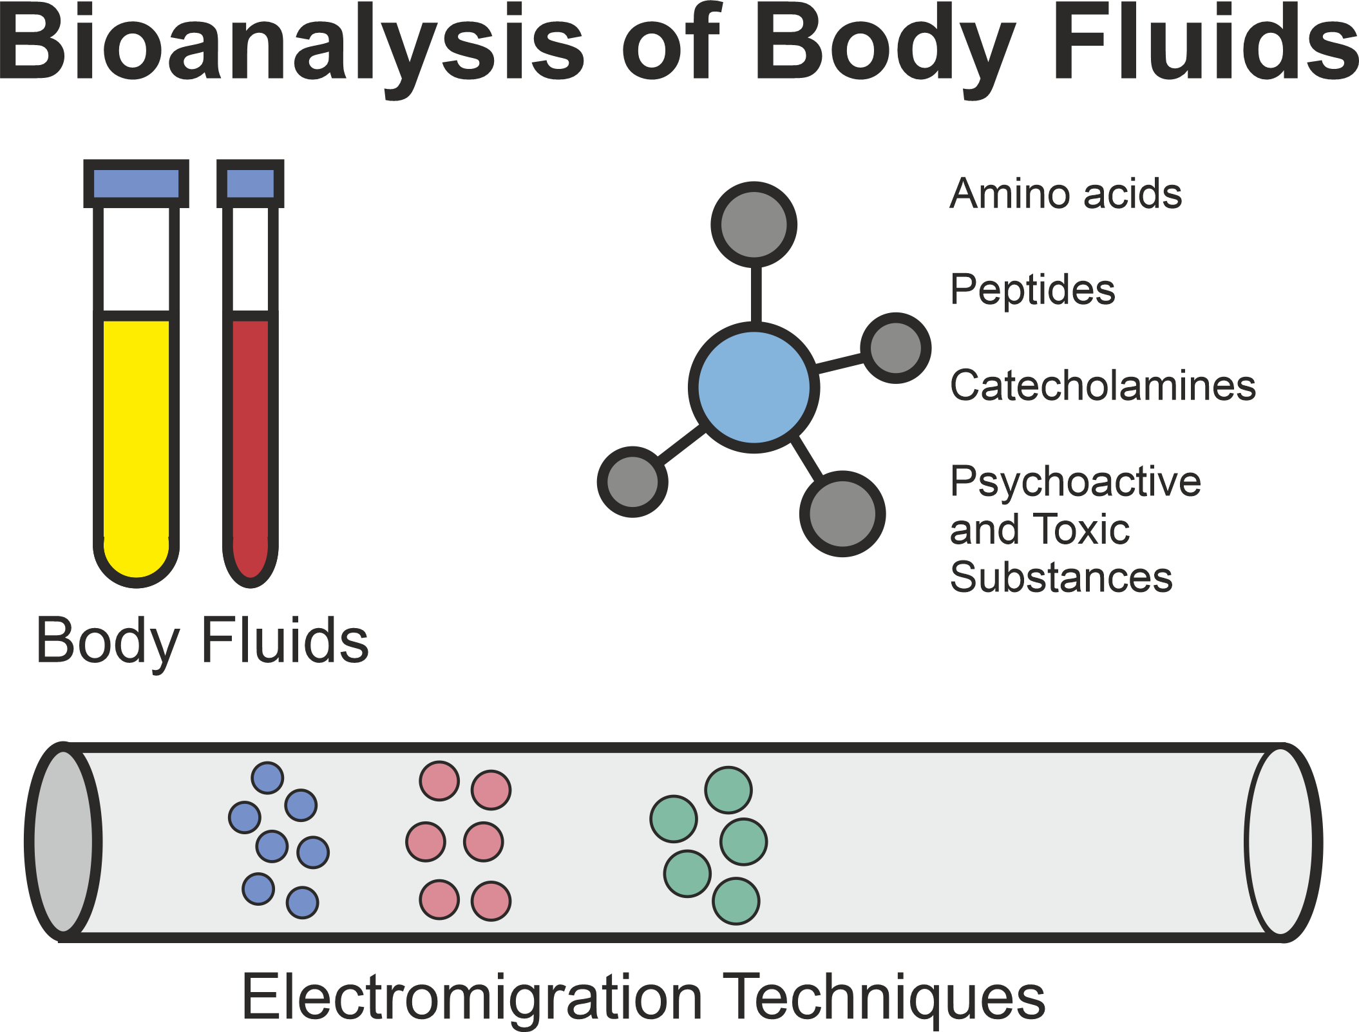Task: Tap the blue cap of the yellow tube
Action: tap(136, 184)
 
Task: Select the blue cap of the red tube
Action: tap(250, 184)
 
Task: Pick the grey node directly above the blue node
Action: tap(754, 224)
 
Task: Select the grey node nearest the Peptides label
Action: tap(895, 348)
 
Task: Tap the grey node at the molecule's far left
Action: tap(632, 482)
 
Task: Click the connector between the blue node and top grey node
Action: tap(756, 294)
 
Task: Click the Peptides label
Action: tap(1032, 289)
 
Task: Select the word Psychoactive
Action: tap(1076, 482)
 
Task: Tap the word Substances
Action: tap(1061, 577)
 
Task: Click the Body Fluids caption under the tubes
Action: tap(202, 640)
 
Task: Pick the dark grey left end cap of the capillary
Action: tap(63, 842)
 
